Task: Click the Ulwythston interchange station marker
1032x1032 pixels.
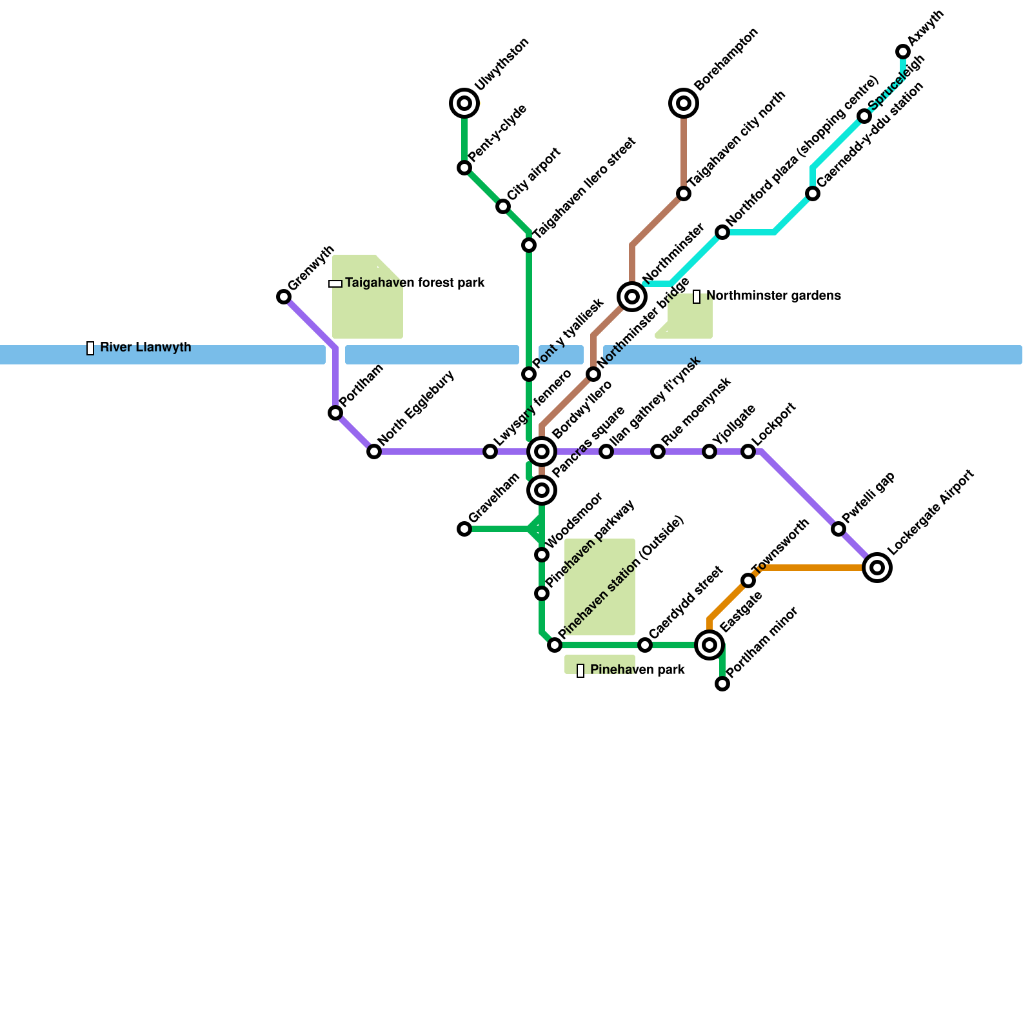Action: [x=464, y=103]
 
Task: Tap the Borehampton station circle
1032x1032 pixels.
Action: [x=684, y=103]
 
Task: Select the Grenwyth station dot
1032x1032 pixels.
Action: [x=284, y=297]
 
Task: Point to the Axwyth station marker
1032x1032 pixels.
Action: [x=903, y=52]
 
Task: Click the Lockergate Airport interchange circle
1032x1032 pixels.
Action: [x=877, y=568]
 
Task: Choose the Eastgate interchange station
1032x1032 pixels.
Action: [x=709, y=645]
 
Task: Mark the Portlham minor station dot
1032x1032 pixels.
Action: [x=722, y=684]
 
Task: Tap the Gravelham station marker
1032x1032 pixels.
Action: [x=464, y=529]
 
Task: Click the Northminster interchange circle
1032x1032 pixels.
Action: [x=632, y=297]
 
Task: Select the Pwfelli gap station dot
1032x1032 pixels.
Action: [x=838, y=529]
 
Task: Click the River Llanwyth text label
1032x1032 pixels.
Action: [x=146, y=348]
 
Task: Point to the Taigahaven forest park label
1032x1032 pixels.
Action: [x=415, y=283]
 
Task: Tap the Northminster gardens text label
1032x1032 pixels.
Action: [x=773, y=296]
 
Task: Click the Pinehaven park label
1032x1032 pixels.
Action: [x=637, y=670]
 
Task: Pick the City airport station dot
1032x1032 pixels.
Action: [x=503, y=206]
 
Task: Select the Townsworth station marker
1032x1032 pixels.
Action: [x=748, y=580]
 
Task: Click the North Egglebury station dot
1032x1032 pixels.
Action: [x=374, y=451]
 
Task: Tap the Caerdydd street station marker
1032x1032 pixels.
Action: [x=645, y=645]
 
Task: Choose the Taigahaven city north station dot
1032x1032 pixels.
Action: [x=684, y=193]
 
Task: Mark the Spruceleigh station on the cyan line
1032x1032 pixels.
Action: [x=864, y=116]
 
